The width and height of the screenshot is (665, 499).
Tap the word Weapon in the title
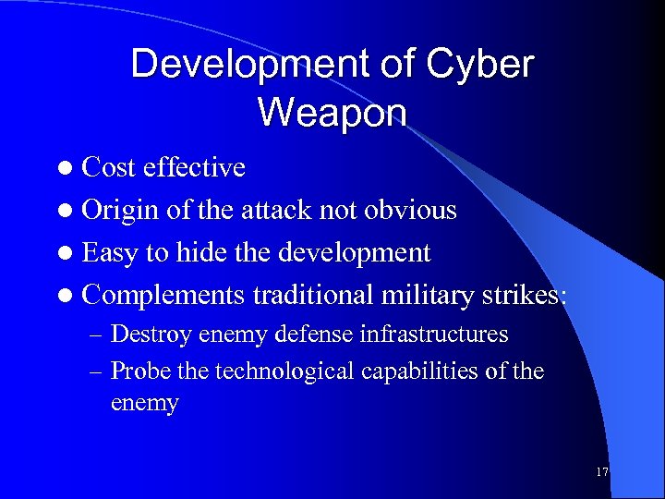pyautogui.click(x=332, y=112)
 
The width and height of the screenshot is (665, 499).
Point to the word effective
pyautogui.click(x=195, y=167)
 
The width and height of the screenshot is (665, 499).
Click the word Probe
pyautogui.click(x=139, y=371)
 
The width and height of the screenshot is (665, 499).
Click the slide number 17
pyautogui.click(x=602, y=472)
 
